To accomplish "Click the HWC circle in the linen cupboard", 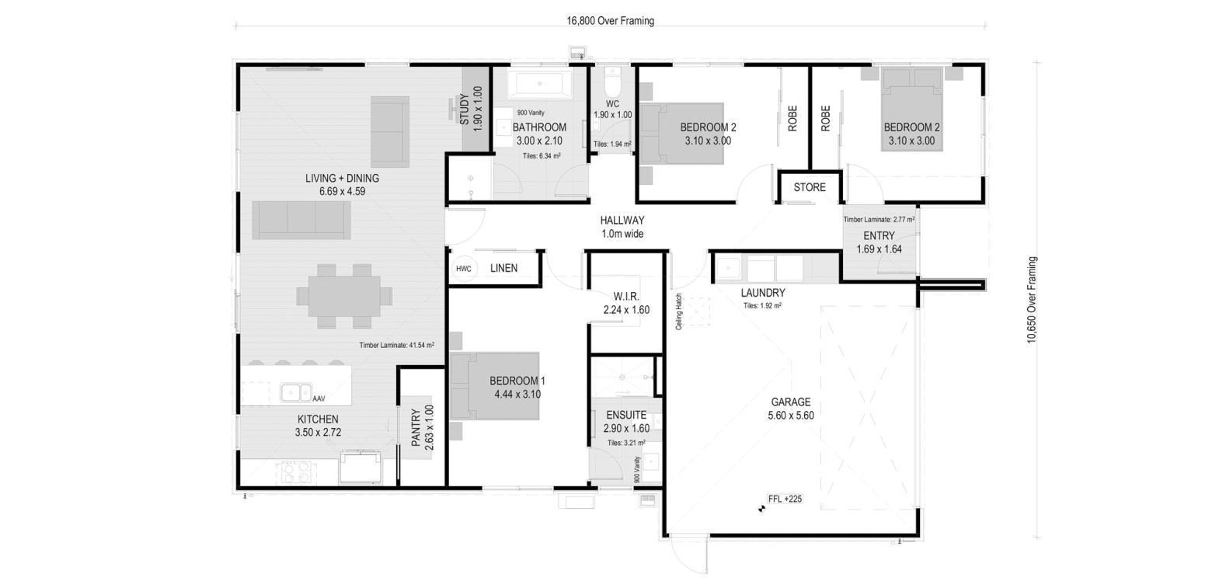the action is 464,268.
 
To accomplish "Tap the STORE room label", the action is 810,187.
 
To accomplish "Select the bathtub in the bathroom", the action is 539,85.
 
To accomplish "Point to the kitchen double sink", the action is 296,391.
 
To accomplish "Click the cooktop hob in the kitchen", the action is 296,471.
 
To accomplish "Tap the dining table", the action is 344,295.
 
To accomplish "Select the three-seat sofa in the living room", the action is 301,220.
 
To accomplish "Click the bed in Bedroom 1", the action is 495,386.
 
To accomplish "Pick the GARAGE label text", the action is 790,402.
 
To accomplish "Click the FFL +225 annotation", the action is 785,499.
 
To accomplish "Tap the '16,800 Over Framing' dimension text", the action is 611,21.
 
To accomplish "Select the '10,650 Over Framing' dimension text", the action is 1032,300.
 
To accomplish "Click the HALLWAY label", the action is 622,220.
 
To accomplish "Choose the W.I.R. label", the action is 626,297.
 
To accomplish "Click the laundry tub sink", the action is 729,268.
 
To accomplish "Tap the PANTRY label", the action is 416,427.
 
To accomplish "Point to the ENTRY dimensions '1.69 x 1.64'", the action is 879,249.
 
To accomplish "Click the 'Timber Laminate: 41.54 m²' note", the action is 396,345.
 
